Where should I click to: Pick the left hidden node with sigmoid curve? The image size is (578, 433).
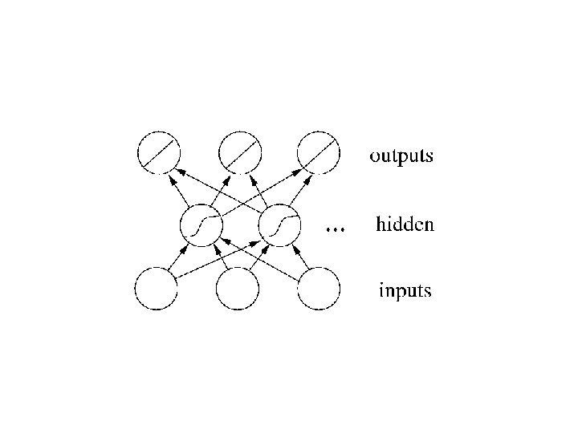coord(198,225)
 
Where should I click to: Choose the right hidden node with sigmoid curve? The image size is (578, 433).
coord(280,225)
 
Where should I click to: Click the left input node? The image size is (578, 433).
coord(157,289)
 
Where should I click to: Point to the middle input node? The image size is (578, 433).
coord(238,289)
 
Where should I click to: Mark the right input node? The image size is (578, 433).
coord(319,289)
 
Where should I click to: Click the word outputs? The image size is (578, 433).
coord(401,155)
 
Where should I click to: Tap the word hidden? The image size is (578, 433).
coord(405,225)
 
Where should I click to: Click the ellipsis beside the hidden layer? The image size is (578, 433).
coord(335,229)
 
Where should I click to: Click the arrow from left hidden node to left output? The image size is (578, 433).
coord(178,189)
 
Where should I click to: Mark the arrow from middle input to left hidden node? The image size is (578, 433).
coord(220,258)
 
